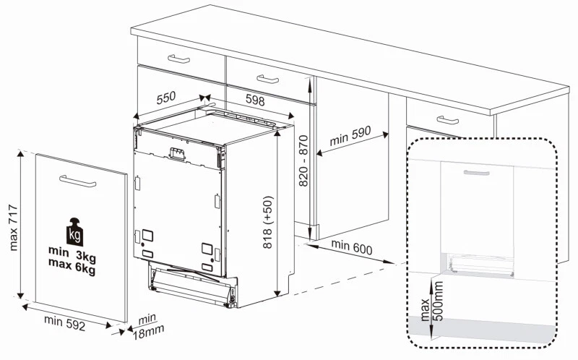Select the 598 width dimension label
coord(255,103)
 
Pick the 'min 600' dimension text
coord(352,247)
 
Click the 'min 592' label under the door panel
coord(64,323)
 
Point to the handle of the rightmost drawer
coord(448,120)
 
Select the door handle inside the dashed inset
coord(476,173)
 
